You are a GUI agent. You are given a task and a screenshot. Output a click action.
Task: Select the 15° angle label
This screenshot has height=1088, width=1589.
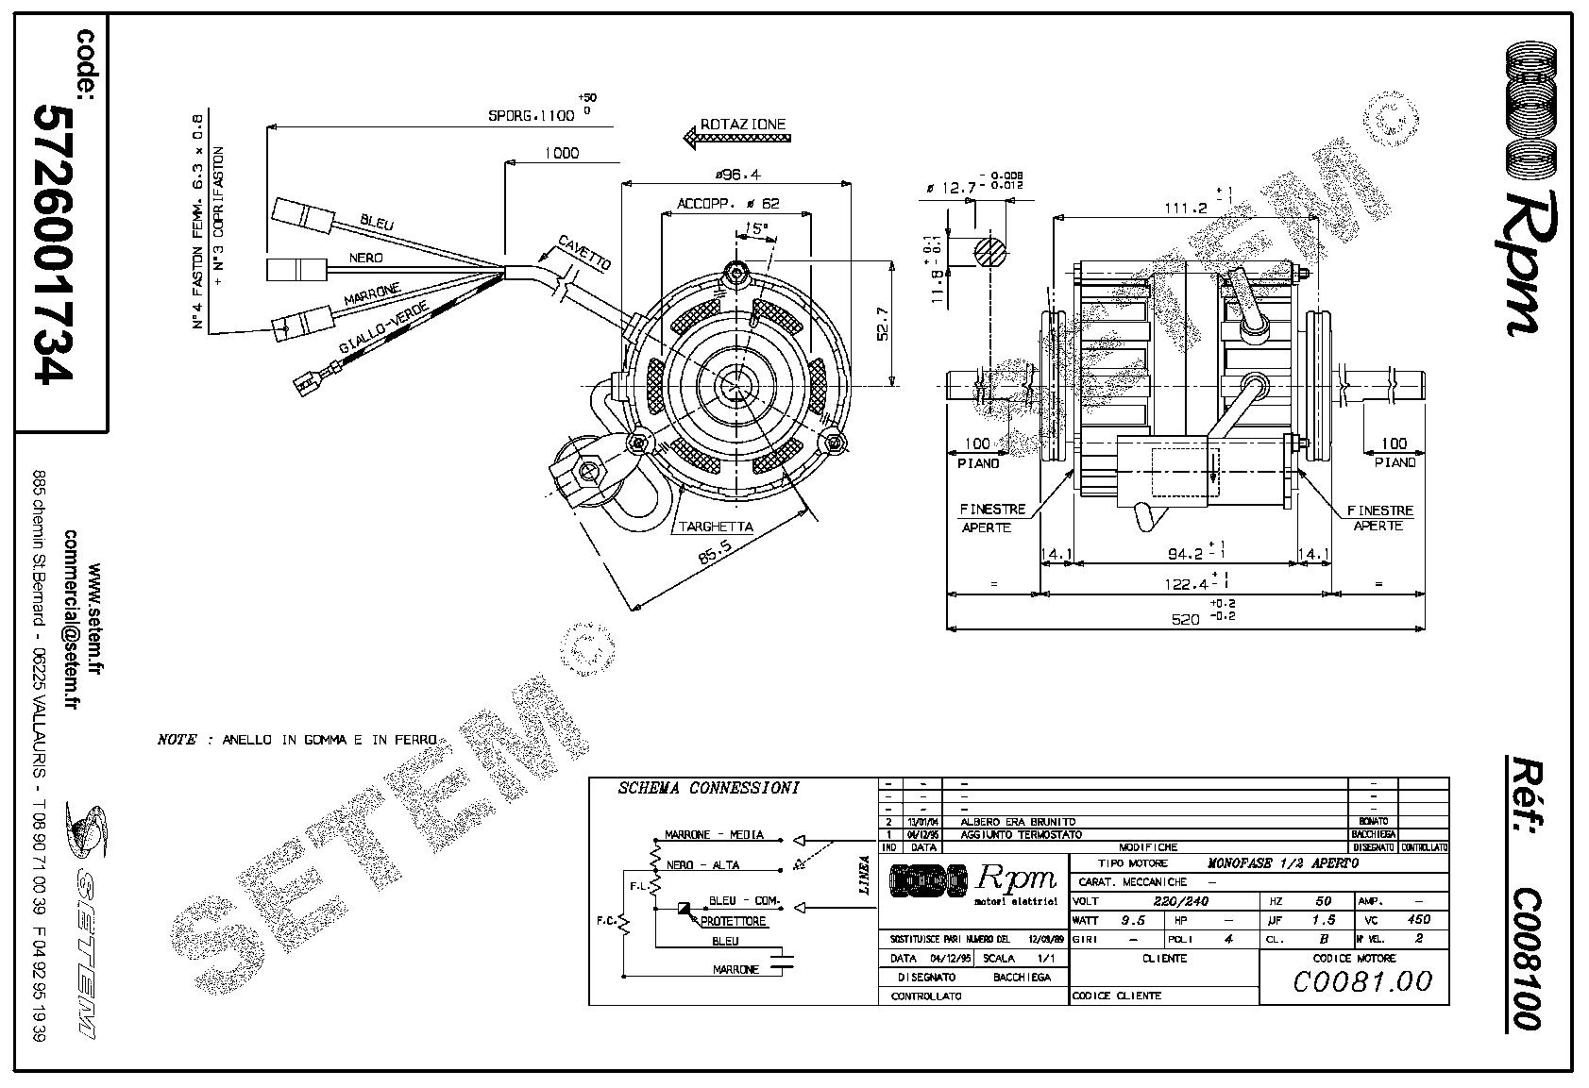(754, 228)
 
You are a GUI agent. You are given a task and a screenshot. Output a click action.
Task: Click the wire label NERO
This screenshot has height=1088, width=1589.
(366, 258)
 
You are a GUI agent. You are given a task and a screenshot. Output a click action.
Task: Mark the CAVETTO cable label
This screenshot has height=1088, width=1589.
(584, 253)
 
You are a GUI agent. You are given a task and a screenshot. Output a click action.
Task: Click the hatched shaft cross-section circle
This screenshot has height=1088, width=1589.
(989, 252)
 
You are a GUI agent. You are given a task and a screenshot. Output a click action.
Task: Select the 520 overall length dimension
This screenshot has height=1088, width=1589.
(1185, 619)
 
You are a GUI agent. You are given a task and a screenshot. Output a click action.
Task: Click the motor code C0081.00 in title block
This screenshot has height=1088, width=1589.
(1361, 981)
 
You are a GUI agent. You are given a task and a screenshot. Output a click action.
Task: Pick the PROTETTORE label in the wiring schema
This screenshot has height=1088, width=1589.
(734, 921)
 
